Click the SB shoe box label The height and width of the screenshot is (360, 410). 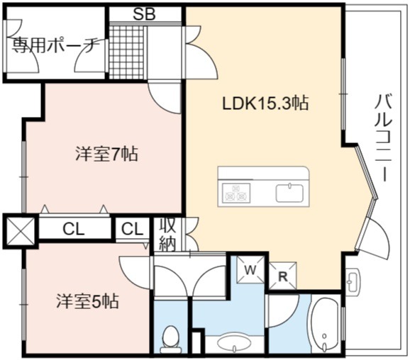click(144, 14)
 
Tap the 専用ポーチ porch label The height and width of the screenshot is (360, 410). click(56, 46)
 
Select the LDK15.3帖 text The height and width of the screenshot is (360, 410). click(265, 103)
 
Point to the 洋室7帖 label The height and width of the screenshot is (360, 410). click(106, 154)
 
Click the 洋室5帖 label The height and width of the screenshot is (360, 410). click(88, 301)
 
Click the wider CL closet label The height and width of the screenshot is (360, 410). click(74, 229)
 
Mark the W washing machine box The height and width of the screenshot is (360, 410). click(250, 269)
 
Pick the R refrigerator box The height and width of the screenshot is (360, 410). click(282, 276)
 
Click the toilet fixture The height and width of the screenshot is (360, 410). click(170, 339)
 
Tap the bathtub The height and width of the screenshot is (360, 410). click(325, 325)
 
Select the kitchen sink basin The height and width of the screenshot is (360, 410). click(289, 193)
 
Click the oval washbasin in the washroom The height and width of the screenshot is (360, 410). click(234, 342)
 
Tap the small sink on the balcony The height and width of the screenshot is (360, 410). click(353, 279)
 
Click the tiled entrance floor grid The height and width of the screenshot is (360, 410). click(126, 52)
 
